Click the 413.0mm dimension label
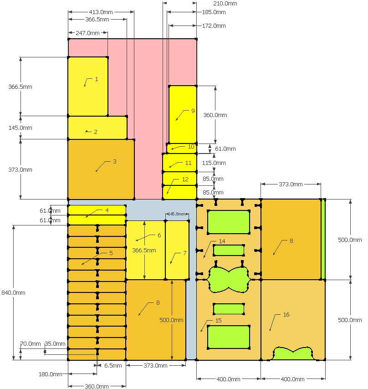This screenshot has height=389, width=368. (101, 12)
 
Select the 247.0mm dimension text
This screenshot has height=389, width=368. (87, 33)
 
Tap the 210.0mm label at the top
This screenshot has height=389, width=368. (225, 4)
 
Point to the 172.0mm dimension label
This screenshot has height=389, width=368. (214, 26)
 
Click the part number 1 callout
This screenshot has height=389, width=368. (97, 79)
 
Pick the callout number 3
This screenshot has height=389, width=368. (115, 162)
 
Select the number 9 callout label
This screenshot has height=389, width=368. (193, 111)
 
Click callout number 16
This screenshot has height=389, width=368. (286, 315)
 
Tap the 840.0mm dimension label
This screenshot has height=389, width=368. (13, 293)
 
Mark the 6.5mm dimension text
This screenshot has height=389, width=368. (113, 365)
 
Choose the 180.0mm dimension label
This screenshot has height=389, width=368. (51, 374)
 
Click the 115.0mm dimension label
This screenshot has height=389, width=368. (214, 163)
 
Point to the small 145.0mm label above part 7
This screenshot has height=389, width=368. (177, 214)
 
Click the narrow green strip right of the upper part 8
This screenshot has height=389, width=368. (323, 240)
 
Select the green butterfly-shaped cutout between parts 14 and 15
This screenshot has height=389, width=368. (228, 280)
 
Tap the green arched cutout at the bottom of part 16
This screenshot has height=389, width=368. (292, 354)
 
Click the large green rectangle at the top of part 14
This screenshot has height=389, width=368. (228, 222)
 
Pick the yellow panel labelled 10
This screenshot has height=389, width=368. (182, 148)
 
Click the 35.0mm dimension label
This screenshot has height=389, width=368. (55, 344)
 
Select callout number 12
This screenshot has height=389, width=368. (185, 179)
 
